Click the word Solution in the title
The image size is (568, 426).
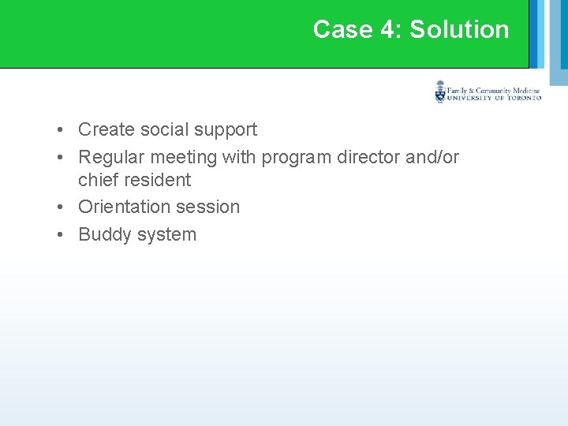tap(459, 29)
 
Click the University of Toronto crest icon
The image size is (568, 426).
tap(440, 92)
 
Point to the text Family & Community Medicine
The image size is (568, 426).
tap(494, 90)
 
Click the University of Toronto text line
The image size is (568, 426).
tap(494, 98)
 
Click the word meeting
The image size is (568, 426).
tap(183, 157)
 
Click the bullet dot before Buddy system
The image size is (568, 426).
tap(60, 234)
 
